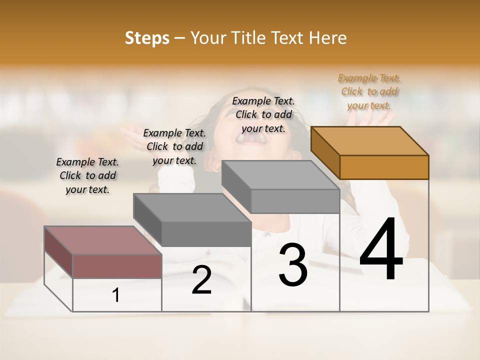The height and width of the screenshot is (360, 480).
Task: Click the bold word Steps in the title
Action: (147, 38)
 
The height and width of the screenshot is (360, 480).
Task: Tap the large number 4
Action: (381, 250)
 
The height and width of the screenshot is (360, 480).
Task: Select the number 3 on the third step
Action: (293, 265)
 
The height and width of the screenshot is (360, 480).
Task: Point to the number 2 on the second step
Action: (201, 280)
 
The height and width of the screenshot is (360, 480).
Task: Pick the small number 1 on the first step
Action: (116, 295)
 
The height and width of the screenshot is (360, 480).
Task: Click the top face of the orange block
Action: (369, 140)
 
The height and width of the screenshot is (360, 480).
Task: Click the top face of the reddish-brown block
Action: (102, 240)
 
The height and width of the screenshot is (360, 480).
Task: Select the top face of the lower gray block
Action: (191, 207)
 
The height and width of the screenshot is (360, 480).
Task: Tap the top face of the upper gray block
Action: (280, 174)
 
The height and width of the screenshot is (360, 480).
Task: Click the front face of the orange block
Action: (384, 167)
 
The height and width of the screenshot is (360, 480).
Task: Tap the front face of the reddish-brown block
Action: (117, 266)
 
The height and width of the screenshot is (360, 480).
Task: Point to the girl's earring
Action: (216, 169)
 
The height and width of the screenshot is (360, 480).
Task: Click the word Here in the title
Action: (328, 38)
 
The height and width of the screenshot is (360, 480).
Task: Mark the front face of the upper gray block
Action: (295, 201)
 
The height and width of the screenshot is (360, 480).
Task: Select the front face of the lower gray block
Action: (206, 234)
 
